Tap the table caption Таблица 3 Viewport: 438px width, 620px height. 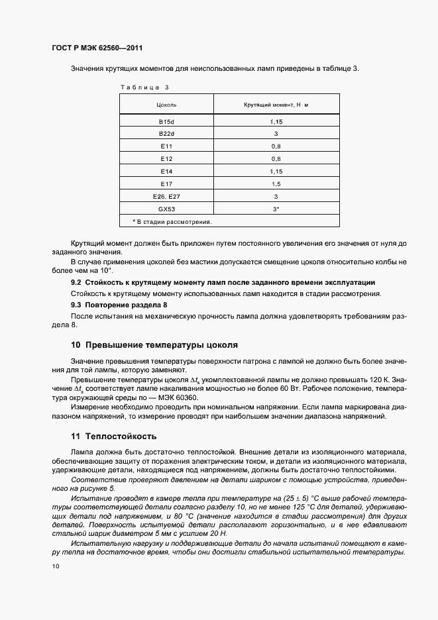point(144,87)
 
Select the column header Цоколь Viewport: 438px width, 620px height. point(166,105)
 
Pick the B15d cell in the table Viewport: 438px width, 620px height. point(166,123)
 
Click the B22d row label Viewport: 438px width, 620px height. point(166,134)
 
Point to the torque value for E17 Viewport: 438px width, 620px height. point(276,183)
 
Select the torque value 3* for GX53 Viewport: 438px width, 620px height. point(276,209)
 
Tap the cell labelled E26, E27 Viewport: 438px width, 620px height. point(166,196)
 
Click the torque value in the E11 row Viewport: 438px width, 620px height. point(276,146)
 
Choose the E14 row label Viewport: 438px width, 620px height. point(166,172)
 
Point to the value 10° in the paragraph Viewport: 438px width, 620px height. point(106,272)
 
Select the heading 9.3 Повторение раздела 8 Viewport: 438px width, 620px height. point(119,304)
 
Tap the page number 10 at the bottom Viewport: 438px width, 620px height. point(56,566)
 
